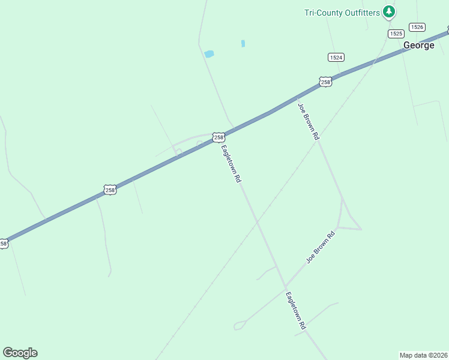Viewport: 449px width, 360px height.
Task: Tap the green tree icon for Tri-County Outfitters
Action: (x=390, y=11)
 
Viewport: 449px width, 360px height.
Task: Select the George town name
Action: (x=418, y=45)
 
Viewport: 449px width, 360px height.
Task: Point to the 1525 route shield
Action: (x=396, y=34)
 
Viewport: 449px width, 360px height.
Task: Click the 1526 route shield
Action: (x=417, y=27)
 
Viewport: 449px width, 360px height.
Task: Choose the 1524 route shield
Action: (x=336, y=57)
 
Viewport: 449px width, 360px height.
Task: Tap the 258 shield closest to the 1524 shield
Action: (x=325, y=82)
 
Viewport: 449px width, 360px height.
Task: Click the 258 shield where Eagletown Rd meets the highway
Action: (x=218, y=137)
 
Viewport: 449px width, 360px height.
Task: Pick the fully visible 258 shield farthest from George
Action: (x=109, y=190)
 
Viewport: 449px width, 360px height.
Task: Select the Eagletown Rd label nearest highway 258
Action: (x=231, y=163)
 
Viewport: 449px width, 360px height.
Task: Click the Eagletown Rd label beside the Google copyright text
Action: (x=296, y=310)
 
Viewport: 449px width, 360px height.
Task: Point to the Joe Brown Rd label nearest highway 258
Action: (x=308, y=121)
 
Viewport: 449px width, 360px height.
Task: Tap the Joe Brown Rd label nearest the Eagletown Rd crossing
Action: (x=320, y=247)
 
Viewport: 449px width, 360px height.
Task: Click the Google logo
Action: (x=20, y=353)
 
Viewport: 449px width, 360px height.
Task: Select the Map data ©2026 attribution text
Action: (x=423, y=355)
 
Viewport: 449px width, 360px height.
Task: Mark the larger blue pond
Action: (x=209, y=54)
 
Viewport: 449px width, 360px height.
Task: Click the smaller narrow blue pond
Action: (x=243, y=43)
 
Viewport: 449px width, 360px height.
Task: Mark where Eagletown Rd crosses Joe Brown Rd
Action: (x=285, y=286)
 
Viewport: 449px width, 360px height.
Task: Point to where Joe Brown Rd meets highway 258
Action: (x=297, y=98)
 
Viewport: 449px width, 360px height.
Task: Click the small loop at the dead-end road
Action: (x=239, y=326)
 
